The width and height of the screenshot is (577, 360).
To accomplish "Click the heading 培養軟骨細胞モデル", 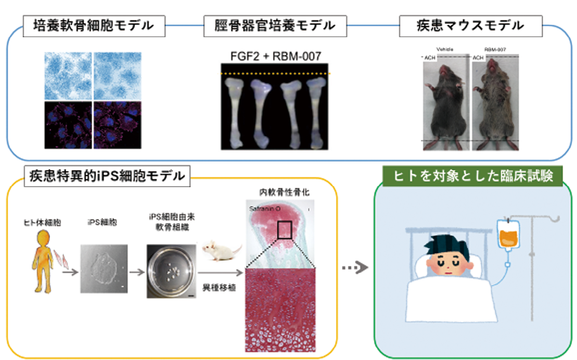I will [92, 25].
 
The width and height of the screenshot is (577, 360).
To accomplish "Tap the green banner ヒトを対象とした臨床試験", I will [474, 176].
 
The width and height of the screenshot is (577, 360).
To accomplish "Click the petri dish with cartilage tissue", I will [171, 272].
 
